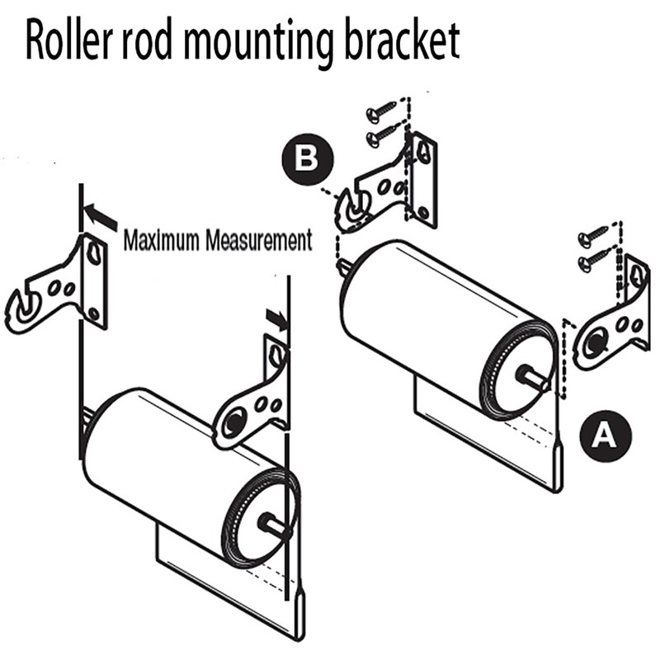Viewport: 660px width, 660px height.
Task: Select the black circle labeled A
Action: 604,432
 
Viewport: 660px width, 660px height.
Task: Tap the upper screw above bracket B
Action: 380,112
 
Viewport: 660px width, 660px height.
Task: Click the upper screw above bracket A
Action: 594,235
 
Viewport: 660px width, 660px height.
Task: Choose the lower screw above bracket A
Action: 593,261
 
